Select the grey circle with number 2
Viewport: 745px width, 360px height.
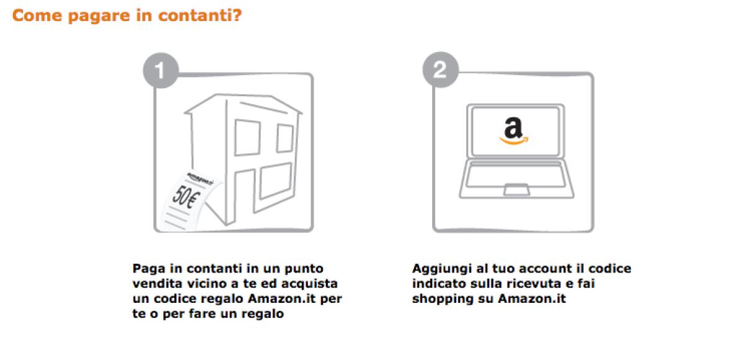point(439,70)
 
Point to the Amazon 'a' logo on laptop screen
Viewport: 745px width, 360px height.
point(513,128)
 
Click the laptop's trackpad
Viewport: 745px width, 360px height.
point(513,189)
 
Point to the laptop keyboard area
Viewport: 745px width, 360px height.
point(513,173)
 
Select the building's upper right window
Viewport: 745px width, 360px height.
point(284,138)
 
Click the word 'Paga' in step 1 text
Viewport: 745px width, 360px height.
point(147,269)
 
